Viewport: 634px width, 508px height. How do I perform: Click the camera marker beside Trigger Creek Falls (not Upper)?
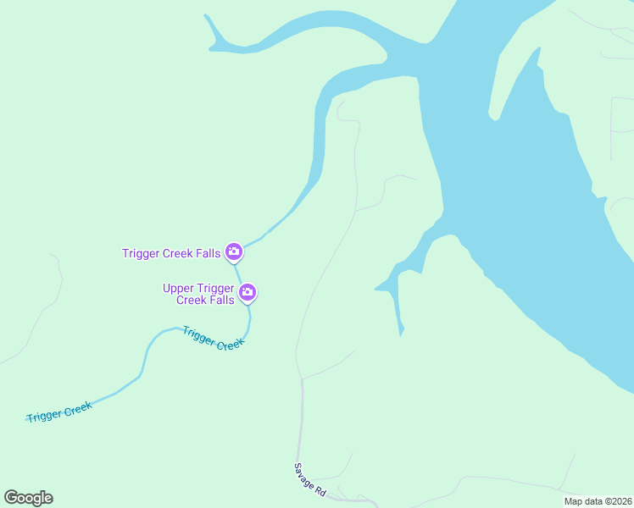click(x=234, y=251)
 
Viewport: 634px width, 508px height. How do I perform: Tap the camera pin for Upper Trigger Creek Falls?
click(x=247, y=293)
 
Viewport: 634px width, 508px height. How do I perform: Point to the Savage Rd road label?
click(x=310, y=479)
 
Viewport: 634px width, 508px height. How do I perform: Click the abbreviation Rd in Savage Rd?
click(x=319, y=489)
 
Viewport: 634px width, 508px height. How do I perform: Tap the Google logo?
click(x=28, y=498)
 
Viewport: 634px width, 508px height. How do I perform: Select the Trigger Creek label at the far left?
click(x=59, y=412)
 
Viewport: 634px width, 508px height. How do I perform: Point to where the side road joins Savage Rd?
click(x=301, y=378)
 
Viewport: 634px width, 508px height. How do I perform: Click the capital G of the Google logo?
click(x=11, y=498)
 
